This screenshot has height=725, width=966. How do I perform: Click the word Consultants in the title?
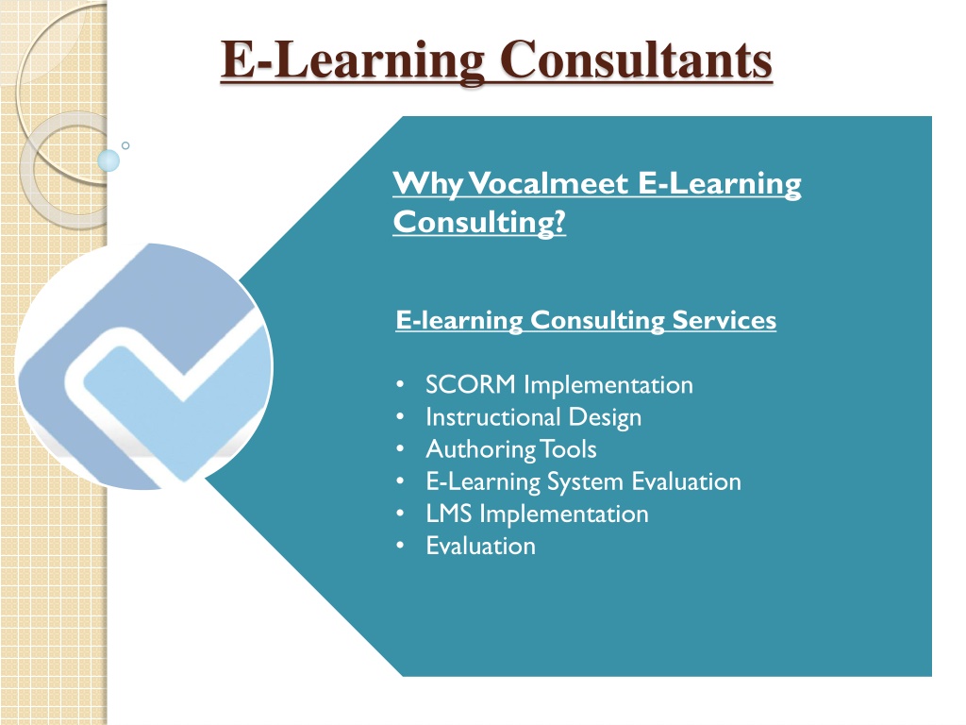tap(636, 59)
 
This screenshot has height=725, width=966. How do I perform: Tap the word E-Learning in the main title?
tap(353, 60)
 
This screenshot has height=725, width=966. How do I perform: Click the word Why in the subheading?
tap(428, 184)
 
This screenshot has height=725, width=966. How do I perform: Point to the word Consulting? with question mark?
tap(479, 222)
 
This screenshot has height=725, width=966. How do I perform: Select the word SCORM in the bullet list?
tap(471, 385)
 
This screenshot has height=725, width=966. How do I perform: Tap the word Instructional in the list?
tap(492, 416)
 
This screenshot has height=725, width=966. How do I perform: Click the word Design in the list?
tap(605, 418)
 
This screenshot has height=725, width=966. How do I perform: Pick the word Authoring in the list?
tap(480, 450)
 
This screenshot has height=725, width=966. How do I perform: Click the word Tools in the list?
tap(568, 448)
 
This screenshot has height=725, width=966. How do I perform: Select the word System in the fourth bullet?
tap(585, 482)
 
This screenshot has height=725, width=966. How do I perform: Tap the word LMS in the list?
tap(448, 514)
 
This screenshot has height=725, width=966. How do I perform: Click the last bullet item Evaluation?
tap(480, 546)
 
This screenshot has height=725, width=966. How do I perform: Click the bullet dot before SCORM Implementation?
tap(400, 385)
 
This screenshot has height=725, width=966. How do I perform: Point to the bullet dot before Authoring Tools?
tap(400, 448)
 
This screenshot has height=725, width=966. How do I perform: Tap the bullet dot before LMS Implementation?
tap(400, 514)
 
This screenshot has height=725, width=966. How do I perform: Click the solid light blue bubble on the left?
tap(108, 160)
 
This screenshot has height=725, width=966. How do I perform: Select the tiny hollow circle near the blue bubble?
tap(125, 145)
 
